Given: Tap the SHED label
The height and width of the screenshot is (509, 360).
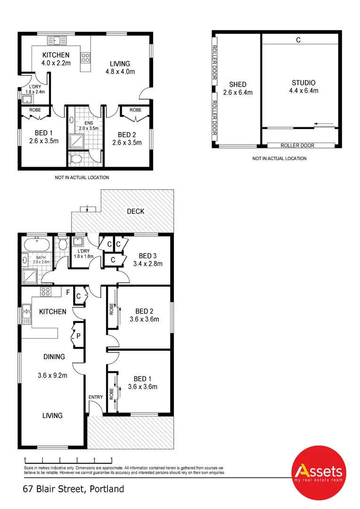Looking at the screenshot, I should [237, 85].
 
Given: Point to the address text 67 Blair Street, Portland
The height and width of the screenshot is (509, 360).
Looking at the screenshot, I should [74, 489].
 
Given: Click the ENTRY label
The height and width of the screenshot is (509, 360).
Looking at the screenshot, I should [96, 397].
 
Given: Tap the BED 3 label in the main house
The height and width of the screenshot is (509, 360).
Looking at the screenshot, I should [148, 256].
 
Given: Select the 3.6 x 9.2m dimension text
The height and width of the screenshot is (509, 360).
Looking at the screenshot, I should [52, 376].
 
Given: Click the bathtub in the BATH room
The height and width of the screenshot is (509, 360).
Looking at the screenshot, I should [36, 245].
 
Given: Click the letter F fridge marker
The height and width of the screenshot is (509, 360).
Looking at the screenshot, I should [68, 293].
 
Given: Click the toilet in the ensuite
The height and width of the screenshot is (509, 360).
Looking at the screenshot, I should [75, 159].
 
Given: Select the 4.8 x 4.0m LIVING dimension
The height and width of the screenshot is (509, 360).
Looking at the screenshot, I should [120, 72].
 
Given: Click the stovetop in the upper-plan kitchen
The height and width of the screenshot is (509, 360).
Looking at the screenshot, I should [86, 58].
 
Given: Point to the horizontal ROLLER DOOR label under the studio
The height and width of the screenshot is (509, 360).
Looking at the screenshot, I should [297, 146].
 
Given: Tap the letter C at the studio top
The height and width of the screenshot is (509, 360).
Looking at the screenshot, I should [298, 41].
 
